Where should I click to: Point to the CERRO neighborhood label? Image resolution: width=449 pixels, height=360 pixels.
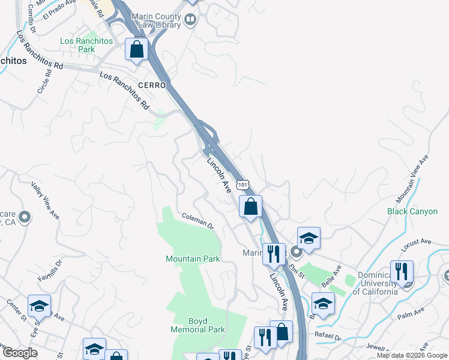click(151, 86)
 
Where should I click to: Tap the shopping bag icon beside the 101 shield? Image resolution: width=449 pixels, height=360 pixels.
click(251, 206)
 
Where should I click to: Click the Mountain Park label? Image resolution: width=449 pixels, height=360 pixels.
click(193, 259)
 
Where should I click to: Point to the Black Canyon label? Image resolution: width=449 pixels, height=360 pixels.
click(412, 211)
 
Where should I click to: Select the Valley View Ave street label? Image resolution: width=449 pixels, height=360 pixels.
click(46, 200)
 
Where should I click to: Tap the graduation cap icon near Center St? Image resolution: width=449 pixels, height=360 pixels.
click(39, 306)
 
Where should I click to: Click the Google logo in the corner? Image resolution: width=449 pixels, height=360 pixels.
click(20, 353)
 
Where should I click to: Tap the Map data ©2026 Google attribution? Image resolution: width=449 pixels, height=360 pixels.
click(411, 355)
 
